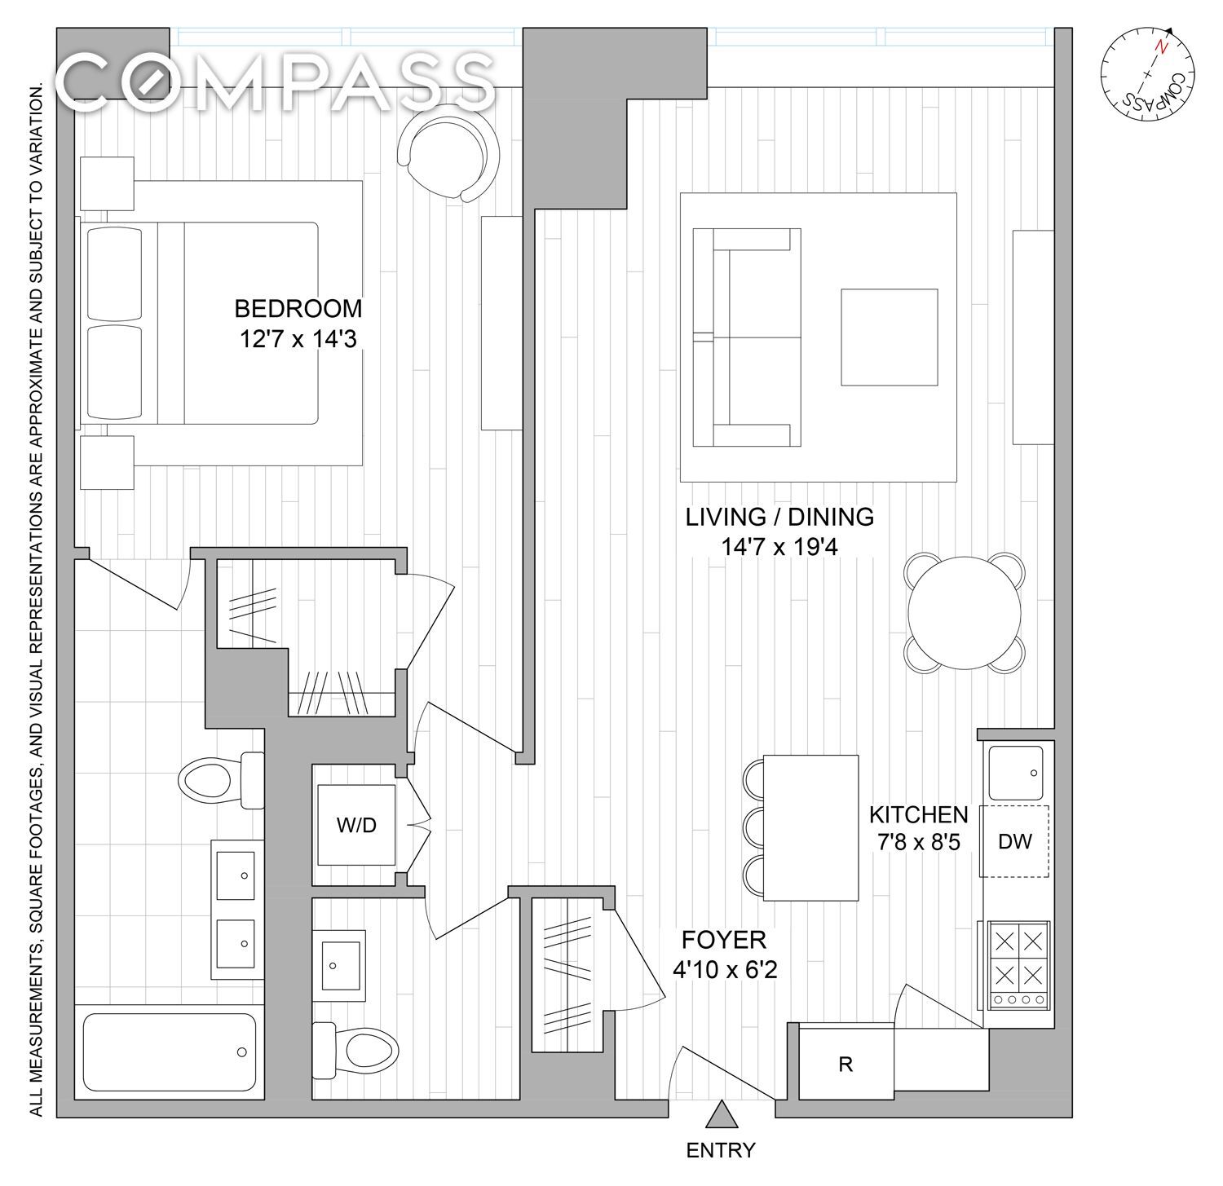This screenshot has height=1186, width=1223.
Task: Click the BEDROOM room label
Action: [298, 309]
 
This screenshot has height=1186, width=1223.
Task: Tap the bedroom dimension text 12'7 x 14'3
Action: [298, 338]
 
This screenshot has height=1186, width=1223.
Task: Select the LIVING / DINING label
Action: [779, 517]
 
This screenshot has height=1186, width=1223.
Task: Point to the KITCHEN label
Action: [918, 814]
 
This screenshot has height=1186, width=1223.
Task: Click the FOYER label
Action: [724, 940]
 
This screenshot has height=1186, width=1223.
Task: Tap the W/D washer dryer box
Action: [357, 825]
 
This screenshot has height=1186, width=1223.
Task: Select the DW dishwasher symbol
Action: [1015, 841]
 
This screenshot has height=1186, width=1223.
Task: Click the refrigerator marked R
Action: [846, 1064]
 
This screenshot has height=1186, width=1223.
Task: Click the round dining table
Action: [965, 613]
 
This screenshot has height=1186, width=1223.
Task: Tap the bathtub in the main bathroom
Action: [168, 1052]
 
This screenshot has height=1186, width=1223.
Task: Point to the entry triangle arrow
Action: [719, 1113]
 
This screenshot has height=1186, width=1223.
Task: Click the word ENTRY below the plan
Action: [721, 1150]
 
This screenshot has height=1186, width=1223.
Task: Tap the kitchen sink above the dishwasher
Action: [1015, 773]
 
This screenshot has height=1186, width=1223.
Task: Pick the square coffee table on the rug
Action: [890, 337]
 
